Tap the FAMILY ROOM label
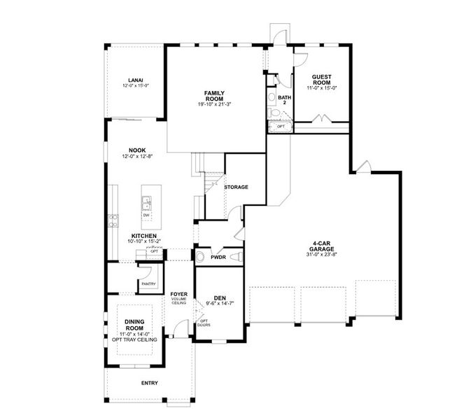(214, 96)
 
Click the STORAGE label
(236, 187)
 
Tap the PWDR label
(218, 258)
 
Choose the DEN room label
(218, 297)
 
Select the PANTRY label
(148, 283)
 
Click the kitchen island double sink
(147, 204)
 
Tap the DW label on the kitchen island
(147, 215)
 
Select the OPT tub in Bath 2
(280, 127)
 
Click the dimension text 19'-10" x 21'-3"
(214, 104)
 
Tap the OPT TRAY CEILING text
(134, 339)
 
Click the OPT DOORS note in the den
(204, 323)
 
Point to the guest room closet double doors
(320, 118)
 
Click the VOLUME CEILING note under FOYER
(178, 301)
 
